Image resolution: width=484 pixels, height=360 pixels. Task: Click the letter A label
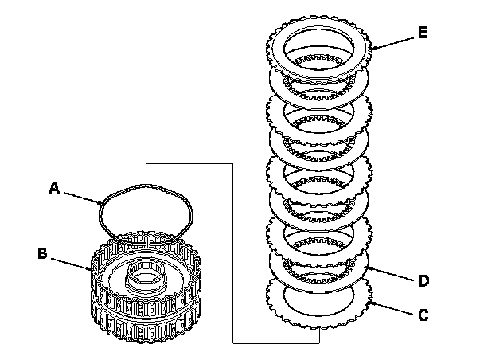click(54, 188)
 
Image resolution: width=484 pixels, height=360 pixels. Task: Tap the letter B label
click(42, 254)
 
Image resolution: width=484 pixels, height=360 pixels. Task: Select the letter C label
click(423, 315)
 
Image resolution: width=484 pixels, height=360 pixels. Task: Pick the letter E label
click(422, 33)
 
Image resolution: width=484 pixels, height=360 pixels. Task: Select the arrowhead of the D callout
click(362, 268)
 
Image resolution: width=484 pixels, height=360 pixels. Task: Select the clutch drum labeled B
click(147, 307)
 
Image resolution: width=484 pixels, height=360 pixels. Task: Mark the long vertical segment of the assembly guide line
click(232, 255)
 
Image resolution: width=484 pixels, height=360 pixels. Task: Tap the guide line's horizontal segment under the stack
click(275, 342)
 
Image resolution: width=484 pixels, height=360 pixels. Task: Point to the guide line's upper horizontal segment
click(189, 162)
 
